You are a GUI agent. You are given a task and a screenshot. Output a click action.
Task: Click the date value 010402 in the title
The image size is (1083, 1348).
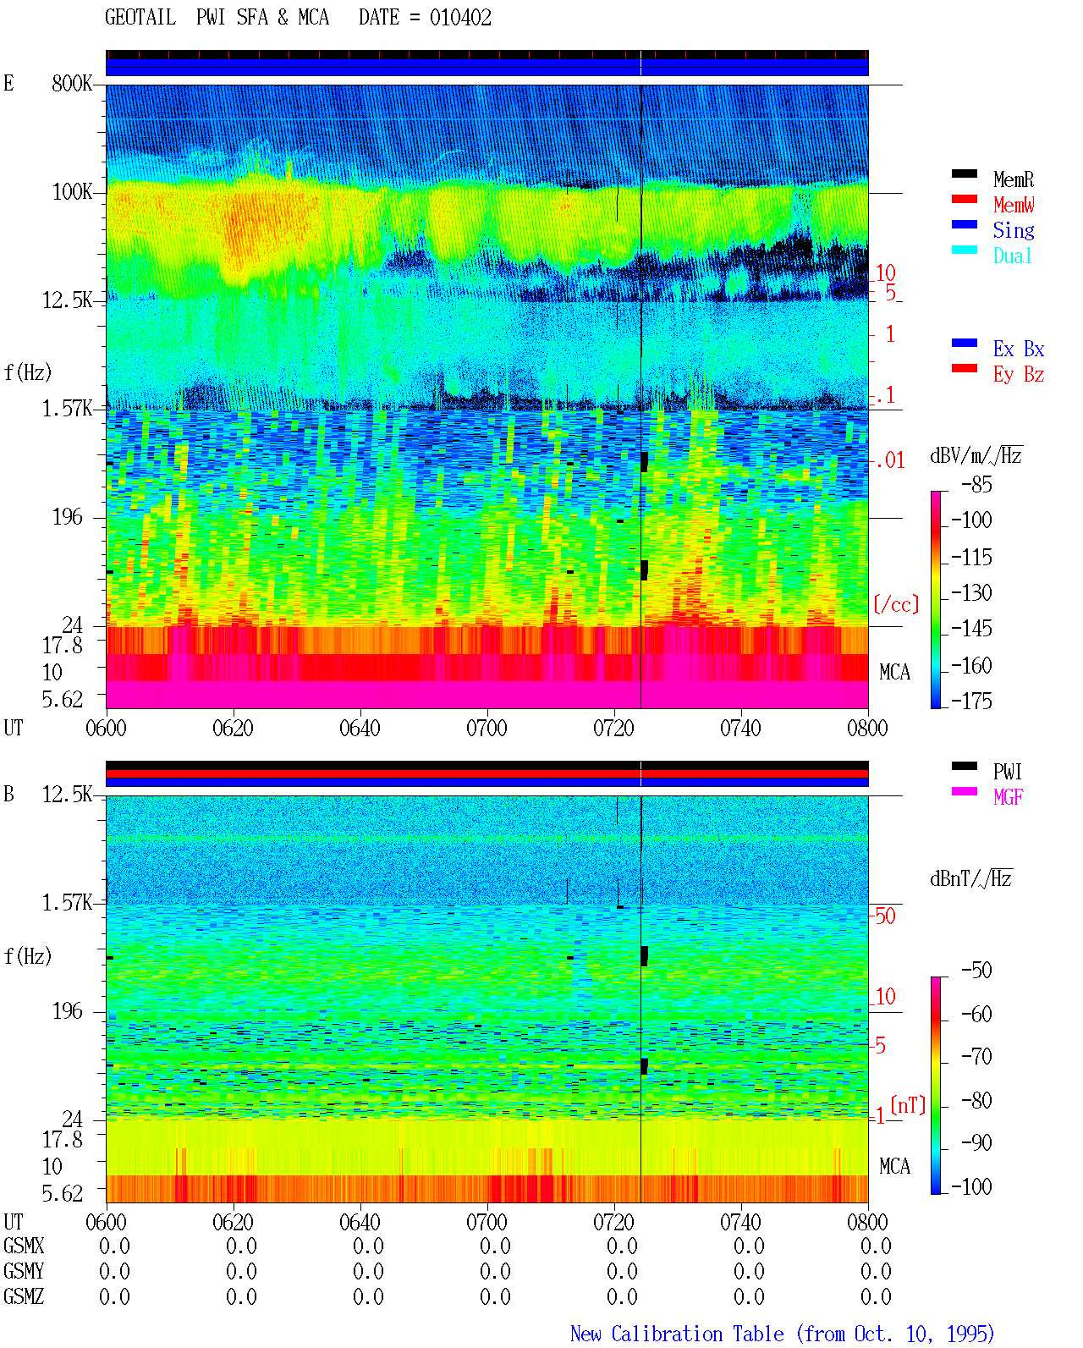(460, 18)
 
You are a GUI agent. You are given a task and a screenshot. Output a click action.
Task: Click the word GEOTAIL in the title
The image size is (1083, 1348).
(140, 18)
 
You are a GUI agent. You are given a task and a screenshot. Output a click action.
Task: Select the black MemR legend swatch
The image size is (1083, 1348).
(964, 173)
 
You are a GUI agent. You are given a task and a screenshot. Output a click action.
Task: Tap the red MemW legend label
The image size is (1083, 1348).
(1014, 205)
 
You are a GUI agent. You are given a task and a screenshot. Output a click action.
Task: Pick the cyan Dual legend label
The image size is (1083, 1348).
(1013, 256)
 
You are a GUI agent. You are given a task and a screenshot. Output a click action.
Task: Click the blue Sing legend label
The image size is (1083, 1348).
(1014, 230)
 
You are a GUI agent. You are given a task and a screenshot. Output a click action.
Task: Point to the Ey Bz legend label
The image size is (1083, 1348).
(1019, 375)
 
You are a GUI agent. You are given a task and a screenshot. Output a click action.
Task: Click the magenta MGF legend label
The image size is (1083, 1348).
(1008, 797)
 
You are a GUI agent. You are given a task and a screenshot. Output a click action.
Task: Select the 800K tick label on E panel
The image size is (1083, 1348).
(72, 83)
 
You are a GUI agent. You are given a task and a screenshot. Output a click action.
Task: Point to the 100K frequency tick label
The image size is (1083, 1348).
(72, 192)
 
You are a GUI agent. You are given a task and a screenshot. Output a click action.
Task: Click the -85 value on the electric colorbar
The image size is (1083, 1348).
(976, 485)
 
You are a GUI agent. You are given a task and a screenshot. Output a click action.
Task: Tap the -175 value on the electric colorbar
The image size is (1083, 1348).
(971, 701)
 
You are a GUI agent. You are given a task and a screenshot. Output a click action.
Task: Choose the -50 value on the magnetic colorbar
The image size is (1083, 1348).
(976, 971)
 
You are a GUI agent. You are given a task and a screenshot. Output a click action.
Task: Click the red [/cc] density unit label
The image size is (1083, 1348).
(896, 604)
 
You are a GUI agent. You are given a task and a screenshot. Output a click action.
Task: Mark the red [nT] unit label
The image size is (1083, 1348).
(908, 1106)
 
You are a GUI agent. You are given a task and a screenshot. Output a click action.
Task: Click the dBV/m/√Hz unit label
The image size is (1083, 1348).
(976, 455)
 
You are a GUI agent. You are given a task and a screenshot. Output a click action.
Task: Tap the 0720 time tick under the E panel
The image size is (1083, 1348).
(614, 729)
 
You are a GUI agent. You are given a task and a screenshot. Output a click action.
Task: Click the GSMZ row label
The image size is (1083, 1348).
(24, 1296)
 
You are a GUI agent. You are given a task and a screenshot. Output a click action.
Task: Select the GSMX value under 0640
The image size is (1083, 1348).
(368, 1246)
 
